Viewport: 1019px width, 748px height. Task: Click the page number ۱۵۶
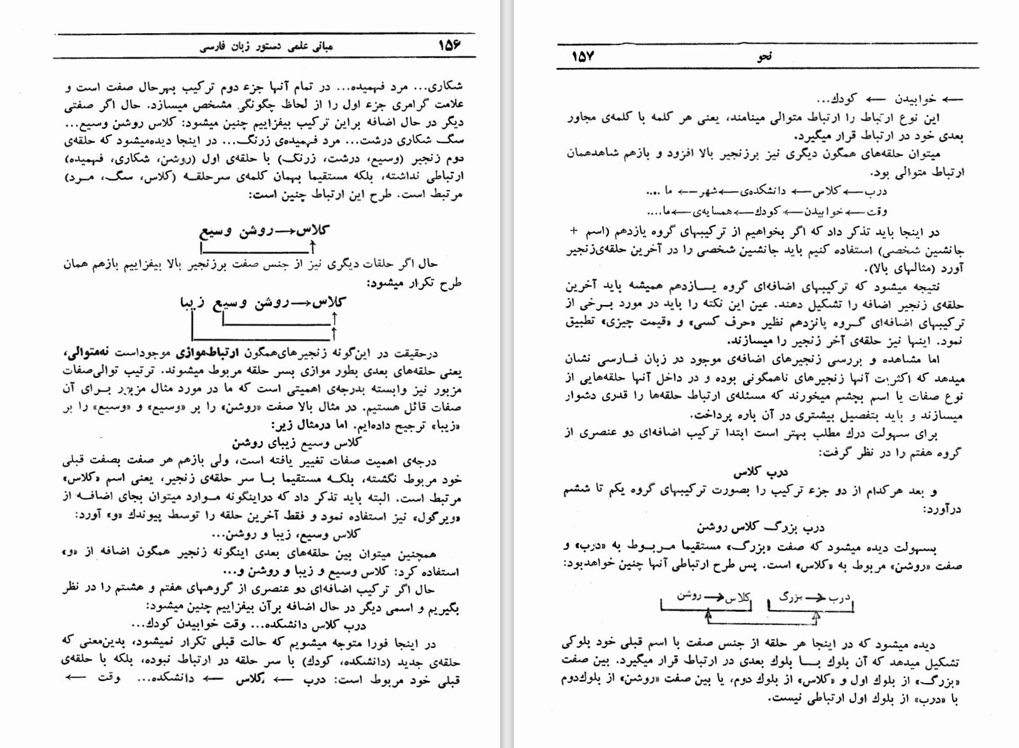(x=450, y=45)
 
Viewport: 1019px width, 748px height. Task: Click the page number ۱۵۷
(x=582, y=56)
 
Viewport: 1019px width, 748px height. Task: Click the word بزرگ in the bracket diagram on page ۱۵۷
(x=791, y=596)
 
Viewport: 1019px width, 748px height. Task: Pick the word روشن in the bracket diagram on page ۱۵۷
(x=689, y=596)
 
